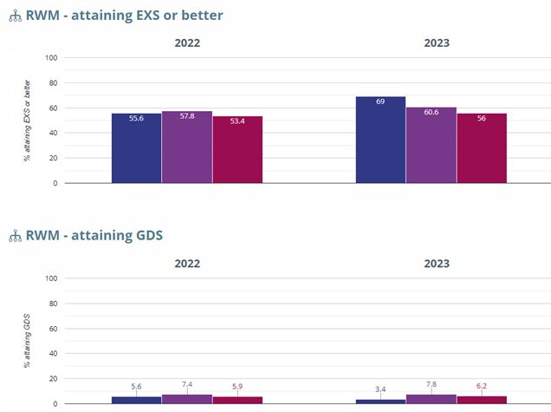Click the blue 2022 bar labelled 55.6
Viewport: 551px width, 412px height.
(136, 148)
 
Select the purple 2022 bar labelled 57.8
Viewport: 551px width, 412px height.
(187, 147)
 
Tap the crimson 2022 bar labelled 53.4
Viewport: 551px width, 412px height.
(237, 149)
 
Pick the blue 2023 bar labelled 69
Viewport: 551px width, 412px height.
(380, 140)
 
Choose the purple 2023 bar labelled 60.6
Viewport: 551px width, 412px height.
(431, 145)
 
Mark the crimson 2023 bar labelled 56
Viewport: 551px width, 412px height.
(482, 148)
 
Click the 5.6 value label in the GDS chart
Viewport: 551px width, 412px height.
(136, 386)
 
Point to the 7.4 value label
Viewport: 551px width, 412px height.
(187, 383)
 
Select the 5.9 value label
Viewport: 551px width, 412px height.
(237, 386)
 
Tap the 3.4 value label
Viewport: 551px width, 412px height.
(380, 389)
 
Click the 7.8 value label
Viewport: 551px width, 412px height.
(431, 383)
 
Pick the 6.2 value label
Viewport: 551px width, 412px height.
(482, 385)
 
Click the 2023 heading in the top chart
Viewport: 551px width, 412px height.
(431, 42)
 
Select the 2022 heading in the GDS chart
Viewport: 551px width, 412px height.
(187, 262)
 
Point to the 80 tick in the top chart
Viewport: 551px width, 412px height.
(51, 83)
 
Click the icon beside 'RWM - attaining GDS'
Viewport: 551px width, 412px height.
(14, 236)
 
